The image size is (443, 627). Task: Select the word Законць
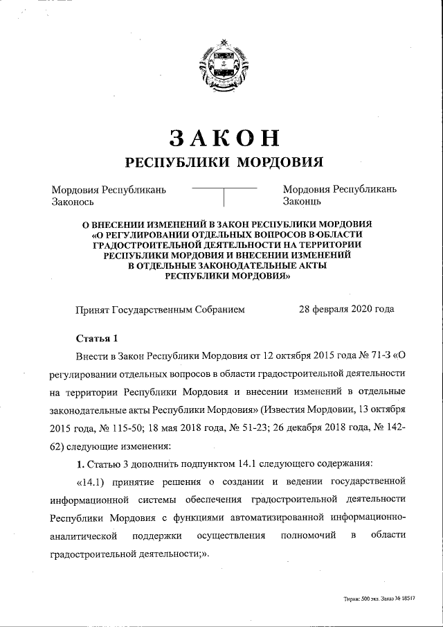coord(302,202)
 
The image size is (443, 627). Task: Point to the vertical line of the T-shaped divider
coord(224,197)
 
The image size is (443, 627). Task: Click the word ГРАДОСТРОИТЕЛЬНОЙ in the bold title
coord(160,245)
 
